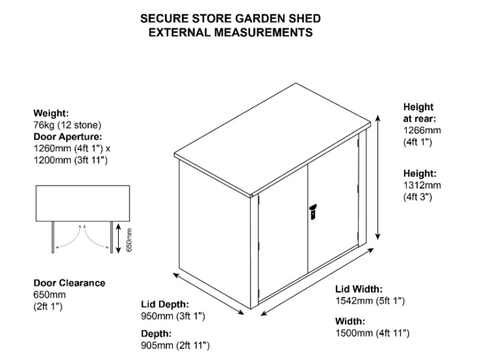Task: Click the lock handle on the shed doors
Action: point(313,212)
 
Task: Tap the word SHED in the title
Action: point(304,18)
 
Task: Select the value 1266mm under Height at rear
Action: point(422,130)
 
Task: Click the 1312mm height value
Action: point(422,185)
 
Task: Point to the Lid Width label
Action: point(359,289)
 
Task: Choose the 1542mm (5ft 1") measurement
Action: point(370,301)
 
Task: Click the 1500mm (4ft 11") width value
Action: point(372,333)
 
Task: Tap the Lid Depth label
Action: point(165,304)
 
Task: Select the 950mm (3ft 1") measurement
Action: point(173,316)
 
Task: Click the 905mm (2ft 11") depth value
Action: point(175,345)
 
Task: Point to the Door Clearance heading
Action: point(69,283)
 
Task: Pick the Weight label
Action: point(51,113)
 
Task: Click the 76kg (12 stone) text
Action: point(67,125)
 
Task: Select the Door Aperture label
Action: point(68,137)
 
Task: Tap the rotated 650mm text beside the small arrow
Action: point(129,240)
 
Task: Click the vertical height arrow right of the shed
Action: point(378,177)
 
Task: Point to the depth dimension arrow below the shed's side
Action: point(209,294)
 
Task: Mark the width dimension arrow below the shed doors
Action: point(317,281)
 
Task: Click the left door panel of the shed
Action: point(283,233)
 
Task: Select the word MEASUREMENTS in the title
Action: point(263,32)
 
